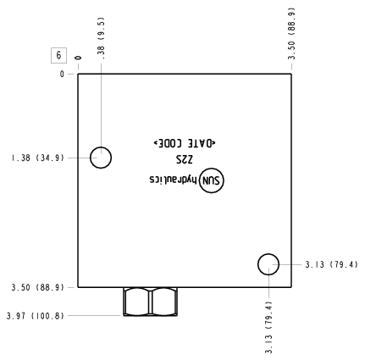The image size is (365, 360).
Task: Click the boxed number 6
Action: tap(58, 55)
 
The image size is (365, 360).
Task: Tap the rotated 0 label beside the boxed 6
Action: tap(78, 58)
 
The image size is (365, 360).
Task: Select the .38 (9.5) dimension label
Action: tap(101, 38)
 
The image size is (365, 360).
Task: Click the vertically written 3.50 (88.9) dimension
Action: tap(291, 33)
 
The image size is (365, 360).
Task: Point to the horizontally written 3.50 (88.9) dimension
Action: tap(38, 287)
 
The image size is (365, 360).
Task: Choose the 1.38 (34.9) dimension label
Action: tap(38, 158)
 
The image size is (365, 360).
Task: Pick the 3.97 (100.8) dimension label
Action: tap(36, 316)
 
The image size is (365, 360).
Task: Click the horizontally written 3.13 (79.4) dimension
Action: tap(331, 264)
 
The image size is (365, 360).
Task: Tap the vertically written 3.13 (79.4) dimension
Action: tap(268, 327)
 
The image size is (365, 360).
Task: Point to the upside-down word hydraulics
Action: tap(173, 180)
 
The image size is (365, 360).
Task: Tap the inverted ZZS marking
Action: tap(185, 159)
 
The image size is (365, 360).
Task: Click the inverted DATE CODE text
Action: tap(185, 143)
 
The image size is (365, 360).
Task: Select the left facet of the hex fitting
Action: tap(136, 302)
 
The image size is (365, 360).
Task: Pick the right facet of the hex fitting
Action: tap(164, 302)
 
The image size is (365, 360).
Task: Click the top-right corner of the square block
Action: tap(291, 74)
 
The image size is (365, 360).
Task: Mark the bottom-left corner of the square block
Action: tap(78, 287)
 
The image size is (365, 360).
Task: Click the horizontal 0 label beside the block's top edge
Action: tap(62, 75)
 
